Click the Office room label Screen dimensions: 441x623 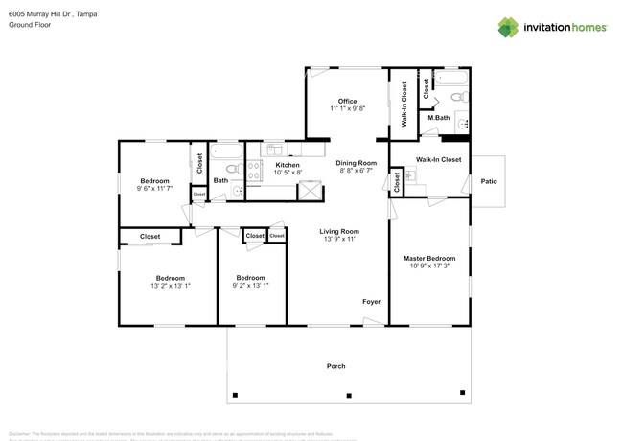click(x=347, y=101)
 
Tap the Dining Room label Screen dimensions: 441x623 click(x=356, y=163)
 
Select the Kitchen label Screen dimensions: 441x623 click(x=287, y=165)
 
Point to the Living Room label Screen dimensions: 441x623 click(x=338, y=231)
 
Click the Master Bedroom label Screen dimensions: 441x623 click(x=428, y=258)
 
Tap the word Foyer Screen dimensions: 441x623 click(x=371, y=302)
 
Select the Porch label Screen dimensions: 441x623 click(x=335, y=366)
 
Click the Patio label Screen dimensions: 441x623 click(x=489, y=180)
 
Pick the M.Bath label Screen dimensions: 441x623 click(x=439, y=118)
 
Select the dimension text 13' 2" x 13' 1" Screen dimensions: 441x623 click(x=171, y=286)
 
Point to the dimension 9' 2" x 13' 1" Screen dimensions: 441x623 click(x=251, y=286)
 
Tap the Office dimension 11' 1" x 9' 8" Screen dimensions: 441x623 click(x=347, y=109)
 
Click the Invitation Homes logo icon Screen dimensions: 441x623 click(x=508, y=27)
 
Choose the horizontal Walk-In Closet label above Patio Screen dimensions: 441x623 click(x=438, y=159)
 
